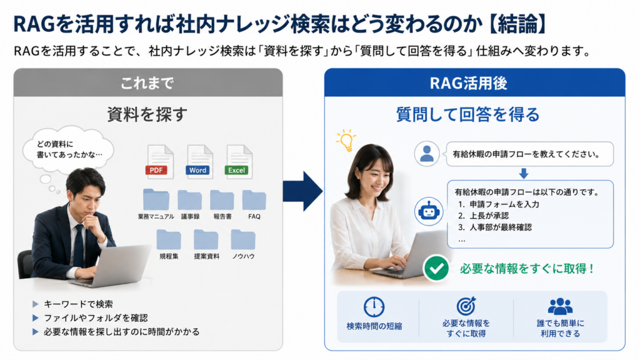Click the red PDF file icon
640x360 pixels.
click(x=159, y=162)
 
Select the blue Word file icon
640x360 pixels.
click(x=199, y=162)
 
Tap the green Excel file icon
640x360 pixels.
click(x=238, y=162)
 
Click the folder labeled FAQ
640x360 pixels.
click(x=254, y=200)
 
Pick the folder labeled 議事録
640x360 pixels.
click(x=189, y=200)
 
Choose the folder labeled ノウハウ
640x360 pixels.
click(x=243, y=239)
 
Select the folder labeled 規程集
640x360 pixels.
click(x=169, y=239)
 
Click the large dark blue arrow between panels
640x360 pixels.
click(x=302, y=191)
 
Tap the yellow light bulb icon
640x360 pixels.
click(x=346, y=141)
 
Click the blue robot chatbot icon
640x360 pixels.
click(x=428, y=211)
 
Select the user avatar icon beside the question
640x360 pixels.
click(x=426, y=154)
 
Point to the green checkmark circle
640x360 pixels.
click(x=436, y=269)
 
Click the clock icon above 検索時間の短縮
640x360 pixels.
click(x=374, y=307)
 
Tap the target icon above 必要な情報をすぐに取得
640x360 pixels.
click(x=466, y=306)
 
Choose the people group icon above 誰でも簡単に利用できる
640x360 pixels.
click(x=560, y=306)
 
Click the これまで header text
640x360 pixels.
click(x=147, y=83)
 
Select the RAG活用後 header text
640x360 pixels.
click(x=469, y=83)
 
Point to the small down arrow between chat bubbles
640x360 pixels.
click(x=524, y=174)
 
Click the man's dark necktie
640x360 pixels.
click(x=78, y=245)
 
